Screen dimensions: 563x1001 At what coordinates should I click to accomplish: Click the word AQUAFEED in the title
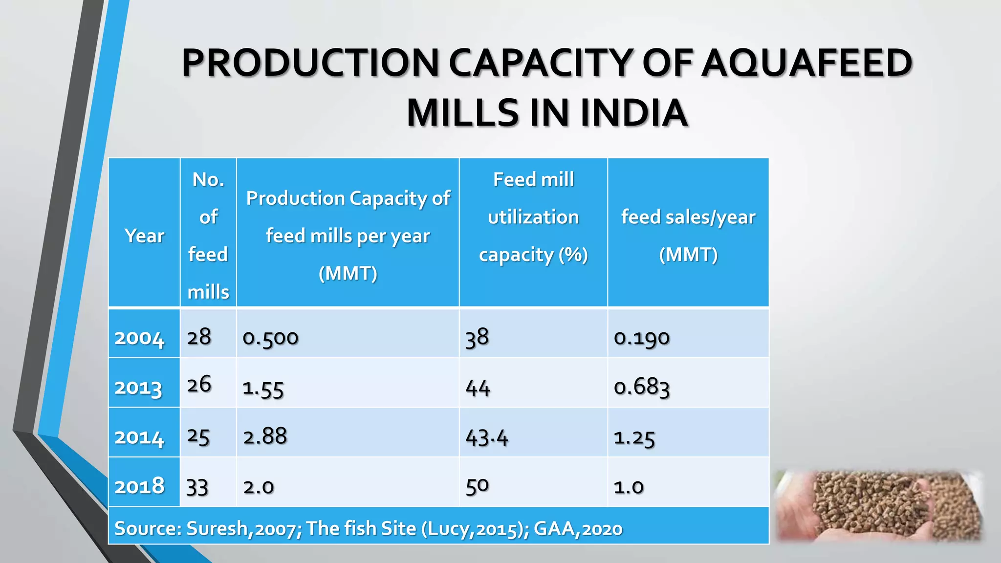pyautogui.click(x=806, y=64)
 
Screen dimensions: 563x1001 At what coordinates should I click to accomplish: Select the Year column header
pyautogui.click(x=144, y=236)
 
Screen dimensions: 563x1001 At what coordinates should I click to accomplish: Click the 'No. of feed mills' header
pyautogui.click(x=208, y=235)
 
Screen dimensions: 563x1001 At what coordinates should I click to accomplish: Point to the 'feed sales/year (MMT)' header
pyautogui.click(x=688, y=235)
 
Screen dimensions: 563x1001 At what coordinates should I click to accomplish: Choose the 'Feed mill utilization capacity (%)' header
pyautogui.click(x=533, y=217)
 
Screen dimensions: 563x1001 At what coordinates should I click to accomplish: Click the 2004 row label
pyautogui.click(x=139, y=338)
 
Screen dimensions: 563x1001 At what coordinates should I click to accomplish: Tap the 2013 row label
pyautogui.click(x=138, y=388)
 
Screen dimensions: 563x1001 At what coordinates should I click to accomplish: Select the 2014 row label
pyautogui.click(x=139, y=437)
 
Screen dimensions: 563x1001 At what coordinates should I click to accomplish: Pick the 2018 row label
pyautogui.click(x=139, y=486)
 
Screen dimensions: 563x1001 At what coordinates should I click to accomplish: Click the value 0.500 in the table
pyautogui.click(x=270, y=338)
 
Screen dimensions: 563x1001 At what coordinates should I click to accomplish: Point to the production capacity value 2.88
pyautogui.click(x=265, y=436)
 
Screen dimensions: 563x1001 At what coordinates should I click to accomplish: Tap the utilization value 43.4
pyautogui.click(x=487, y=437)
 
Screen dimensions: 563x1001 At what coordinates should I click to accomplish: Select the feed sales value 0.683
pyautogui.click(x=642, y=388)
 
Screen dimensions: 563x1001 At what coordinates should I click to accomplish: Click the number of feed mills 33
pyautogui.click(x=197, y=487)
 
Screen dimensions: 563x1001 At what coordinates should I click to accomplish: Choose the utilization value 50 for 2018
pyautogui.click(x=477, y=486)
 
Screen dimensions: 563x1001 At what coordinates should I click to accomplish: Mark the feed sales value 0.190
pyautogui.click(x=642, y=338)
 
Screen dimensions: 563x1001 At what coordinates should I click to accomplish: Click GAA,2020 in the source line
pyautogui.click(x=578, y=529)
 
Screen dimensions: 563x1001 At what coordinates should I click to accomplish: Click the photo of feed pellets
pyautogui.click(x=879, y=506)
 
